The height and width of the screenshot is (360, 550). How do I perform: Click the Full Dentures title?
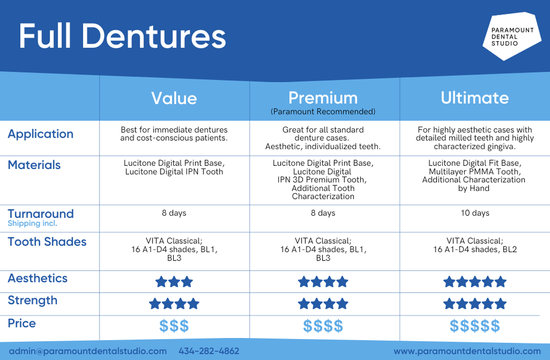pos(122,36)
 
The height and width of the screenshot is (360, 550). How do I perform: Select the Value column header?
pos(174,98)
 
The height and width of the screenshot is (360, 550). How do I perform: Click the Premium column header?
pos(323,98)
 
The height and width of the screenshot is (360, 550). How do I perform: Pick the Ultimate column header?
pos(475,98)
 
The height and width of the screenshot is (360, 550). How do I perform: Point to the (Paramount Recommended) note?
pos(323,112)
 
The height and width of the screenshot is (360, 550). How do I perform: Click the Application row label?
pos(41,134)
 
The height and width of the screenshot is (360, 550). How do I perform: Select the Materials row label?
pos(34,165)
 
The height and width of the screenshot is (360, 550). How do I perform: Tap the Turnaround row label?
pos(41,214)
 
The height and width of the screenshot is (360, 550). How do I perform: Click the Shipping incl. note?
pos(32,223)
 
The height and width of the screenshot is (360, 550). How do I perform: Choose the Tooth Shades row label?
pos(47,242)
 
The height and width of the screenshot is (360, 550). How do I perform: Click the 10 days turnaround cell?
pos(475,213)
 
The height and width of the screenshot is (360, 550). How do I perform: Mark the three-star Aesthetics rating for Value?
pos(174,282)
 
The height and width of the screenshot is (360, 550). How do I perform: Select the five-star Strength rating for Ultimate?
pos(475,304)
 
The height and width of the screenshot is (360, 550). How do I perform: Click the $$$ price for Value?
pos(174,326)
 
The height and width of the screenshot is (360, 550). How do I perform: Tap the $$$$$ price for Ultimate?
pos(475,326)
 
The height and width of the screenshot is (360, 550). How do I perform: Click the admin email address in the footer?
pos(87,351)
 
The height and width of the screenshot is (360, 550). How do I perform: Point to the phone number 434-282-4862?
pos(209,351)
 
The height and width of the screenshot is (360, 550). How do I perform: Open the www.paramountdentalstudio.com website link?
pos(467,351)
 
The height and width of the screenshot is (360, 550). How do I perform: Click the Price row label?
pos(22,323)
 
